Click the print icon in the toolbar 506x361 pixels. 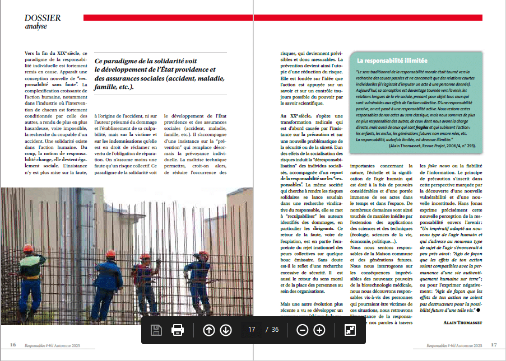[x=178, y=330]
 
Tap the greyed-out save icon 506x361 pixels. [x=156, y=330]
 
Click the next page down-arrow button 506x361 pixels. [x=226, y=330]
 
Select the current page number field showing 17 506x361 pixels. [x=252, y=330]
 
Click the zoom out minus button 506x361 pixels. [x=302, y=330]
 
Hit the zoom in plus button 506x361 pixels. [x=319, y=330]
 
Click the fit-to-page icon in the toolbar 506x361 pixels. [x=350, y=330]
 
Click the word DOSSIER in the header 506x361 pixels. [x=43, y=18]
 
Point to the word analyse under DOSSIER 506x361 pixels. [x=36, y=26]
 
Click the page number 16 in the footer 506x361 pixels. [x=12, y=345]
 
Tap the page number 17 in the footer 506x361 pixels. [x=494, y=345]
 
